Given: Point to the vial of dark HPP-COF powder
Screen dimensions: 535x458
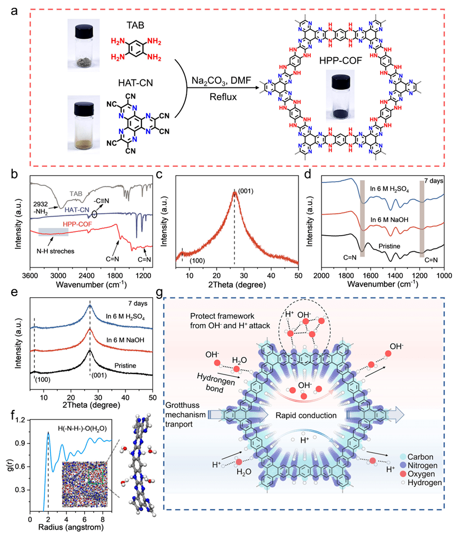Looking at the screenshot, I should coord(340,93).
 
